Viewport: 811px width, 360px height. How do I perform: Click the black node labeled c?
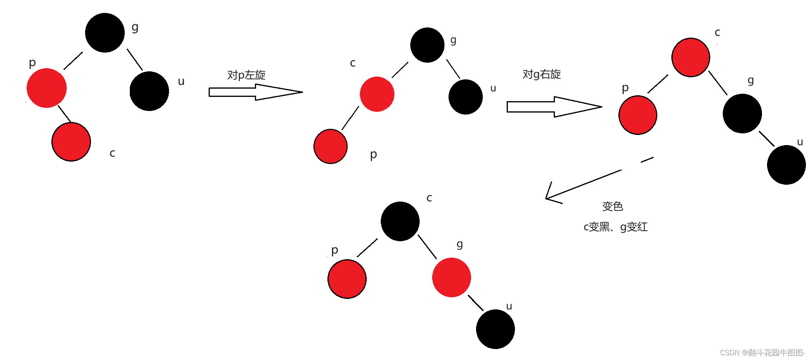pos(400,221)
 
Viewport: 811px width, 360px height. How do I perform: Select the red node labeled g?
pos(451,277)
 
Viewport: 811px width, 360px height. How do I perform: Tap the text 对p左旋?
pos(246,75)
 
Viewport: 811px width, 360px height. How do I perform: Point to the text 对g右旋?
pos(542,74)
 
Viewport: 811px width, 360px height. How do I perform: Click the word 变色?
pos(613,206)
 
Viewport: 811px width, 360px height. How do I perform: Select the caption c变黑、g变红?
pos(615,227)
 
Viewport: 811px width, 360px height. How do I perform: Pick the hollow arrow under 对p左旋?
pos(255,92)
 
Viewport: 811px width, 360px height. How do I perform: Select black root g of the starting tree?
pos(105,33)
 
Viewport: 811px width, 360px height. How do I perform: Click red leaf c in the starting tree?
pos(71,142)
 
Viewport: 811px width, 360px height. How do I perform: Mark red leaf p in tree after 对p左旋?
pos(331,146)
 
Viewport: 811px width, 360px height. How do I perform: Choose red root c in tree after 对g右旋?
pos(691,57)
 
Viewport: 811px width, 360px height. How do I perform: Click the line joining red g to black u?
pos(476,303)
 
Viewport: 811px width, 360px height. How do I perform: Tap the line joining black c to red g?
pos(427,247)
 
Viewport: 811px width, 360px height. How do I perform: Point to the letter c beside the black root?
pos(429,198)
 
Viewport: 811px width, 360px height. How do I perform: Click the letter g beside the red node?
pos(460,244)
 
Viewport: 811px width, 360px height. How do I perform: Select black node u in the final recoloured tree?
pos(495,329)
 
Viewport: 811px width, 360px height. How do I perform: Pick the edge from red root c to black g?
pos(718,83)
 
